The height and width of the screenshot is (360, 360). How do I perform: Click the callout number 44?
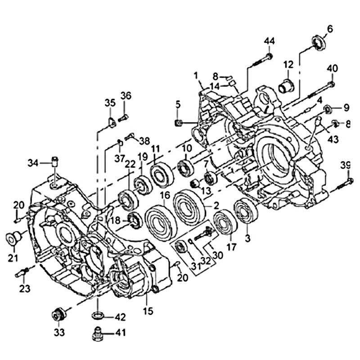coord(269,41)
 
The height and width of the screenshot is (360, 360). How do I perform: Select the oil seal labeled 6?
coord(318,42)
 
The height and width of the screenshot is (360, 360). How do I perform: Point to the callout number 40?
coord(332,68)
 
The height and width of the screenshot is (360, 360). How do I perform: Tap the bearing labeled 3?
coord(245,211)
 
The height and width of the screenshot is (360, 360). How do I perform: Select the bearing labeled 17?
coord(225,222)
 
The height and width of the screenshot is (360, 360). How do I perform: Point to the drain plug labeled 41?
coord(97,333)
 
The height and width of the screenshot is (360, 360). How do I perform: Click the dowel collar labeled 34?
coord(55,162)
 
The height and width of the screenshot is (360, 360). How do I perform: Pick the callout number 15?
coord(148,311)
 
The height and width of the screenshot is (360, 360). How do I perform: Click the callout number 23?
coord(25,288)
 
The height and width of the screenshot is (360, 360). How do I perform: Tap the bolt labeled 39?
coord(344,184)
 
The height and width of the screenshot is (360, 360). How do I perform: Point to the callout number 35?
coord(110,103)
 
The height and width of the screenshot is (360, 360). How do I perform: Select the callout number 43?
coord(333,139)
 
